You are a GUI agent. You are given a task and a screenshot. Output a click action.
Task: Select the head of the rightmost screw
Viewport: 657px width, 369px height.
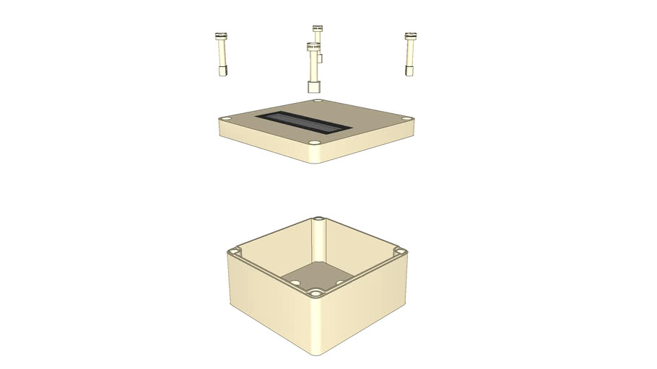click(x=411, y=35)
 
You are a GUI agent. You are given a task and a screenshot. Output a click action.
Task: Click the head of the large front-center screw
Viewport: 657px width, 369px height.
click(x=313, y=47)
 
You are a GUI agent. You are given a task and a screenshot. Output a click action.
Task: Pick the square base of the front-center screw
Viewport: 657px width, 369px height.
click(x=313, y=87)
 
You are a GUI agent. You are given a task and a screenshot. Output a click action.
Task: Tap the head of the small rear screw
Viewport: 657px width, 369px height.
click(x=317, y=28)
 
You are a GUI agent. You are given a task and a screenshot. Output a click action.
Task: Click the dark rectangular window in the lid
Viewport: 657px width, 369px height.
click(x=303, y=123)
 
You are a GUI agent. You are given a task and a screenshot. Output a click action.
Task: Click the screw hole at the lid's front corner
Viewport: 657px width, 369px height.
click(x=315, y=142)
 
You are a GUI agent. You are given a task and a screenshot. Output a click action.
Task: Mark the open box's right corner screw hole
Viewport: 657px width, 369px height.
click(x=401, y=252)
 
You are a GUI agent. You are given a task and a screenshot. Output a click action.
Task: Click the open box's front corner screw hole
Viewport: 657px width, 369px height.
click(x=316, y=293)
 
